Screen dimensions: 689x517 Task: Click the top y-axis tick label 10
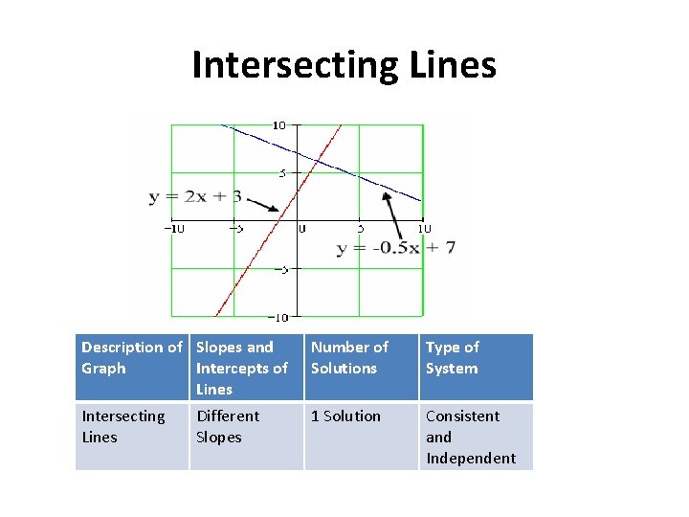click(278, 125)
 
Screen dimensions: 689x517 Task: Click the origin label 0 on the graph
click(301, 229)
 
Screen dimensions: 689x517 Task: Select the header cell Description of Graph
click(132, 368)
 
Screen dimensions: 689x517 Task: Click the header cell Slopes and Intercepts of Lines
click(246, 368)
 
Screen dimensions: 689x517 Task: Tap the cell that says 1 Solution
click(361, 416)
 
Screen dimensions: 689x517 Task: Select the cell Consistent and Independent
click(476, 437)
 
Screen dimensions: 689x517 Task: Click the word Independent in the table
click(471, 458)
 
